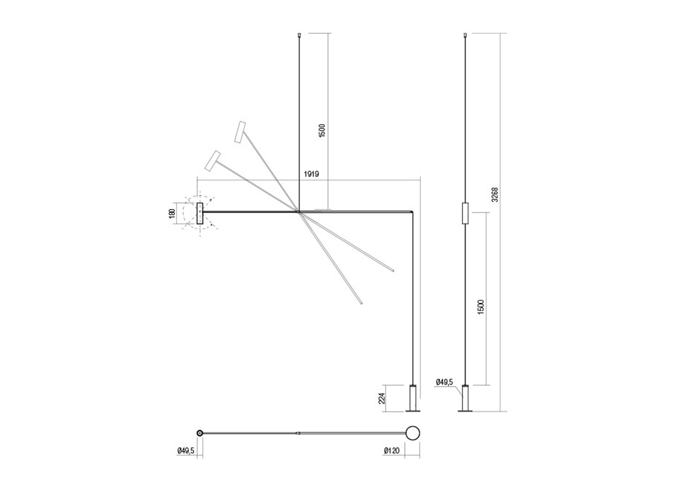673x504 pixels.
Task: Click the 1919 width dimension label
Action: pyautogui.click(x=311, y=174)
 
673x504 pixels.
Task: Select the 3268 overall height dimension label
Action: pyautogui.click(x=494, y=194)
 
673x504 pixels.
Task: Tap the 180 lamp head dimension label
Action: pyautogui.click(x=172, y=213)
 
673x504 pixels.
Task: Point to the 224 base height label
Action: pyautogui.click(x=382, y=398)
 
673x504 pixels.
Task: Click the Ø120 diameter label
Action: pyautogui.click(x=392, y=450)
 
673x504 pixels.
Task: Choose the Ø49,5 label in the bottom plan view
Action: pyautogui.click(x=186, y=450)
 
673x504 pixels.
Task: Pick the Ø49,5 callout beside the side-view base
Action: pyautogui.click(x=444, y=382)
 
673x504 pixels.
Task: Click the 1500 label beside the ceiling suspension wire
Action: pyautogui.click(x=322, y=131)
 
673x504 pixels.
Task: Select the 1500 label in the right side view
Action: pyautogui.click(x=481, y=306)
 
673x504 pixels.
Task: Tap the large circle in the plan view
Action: pyautogui.click(x=413, y=433)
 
